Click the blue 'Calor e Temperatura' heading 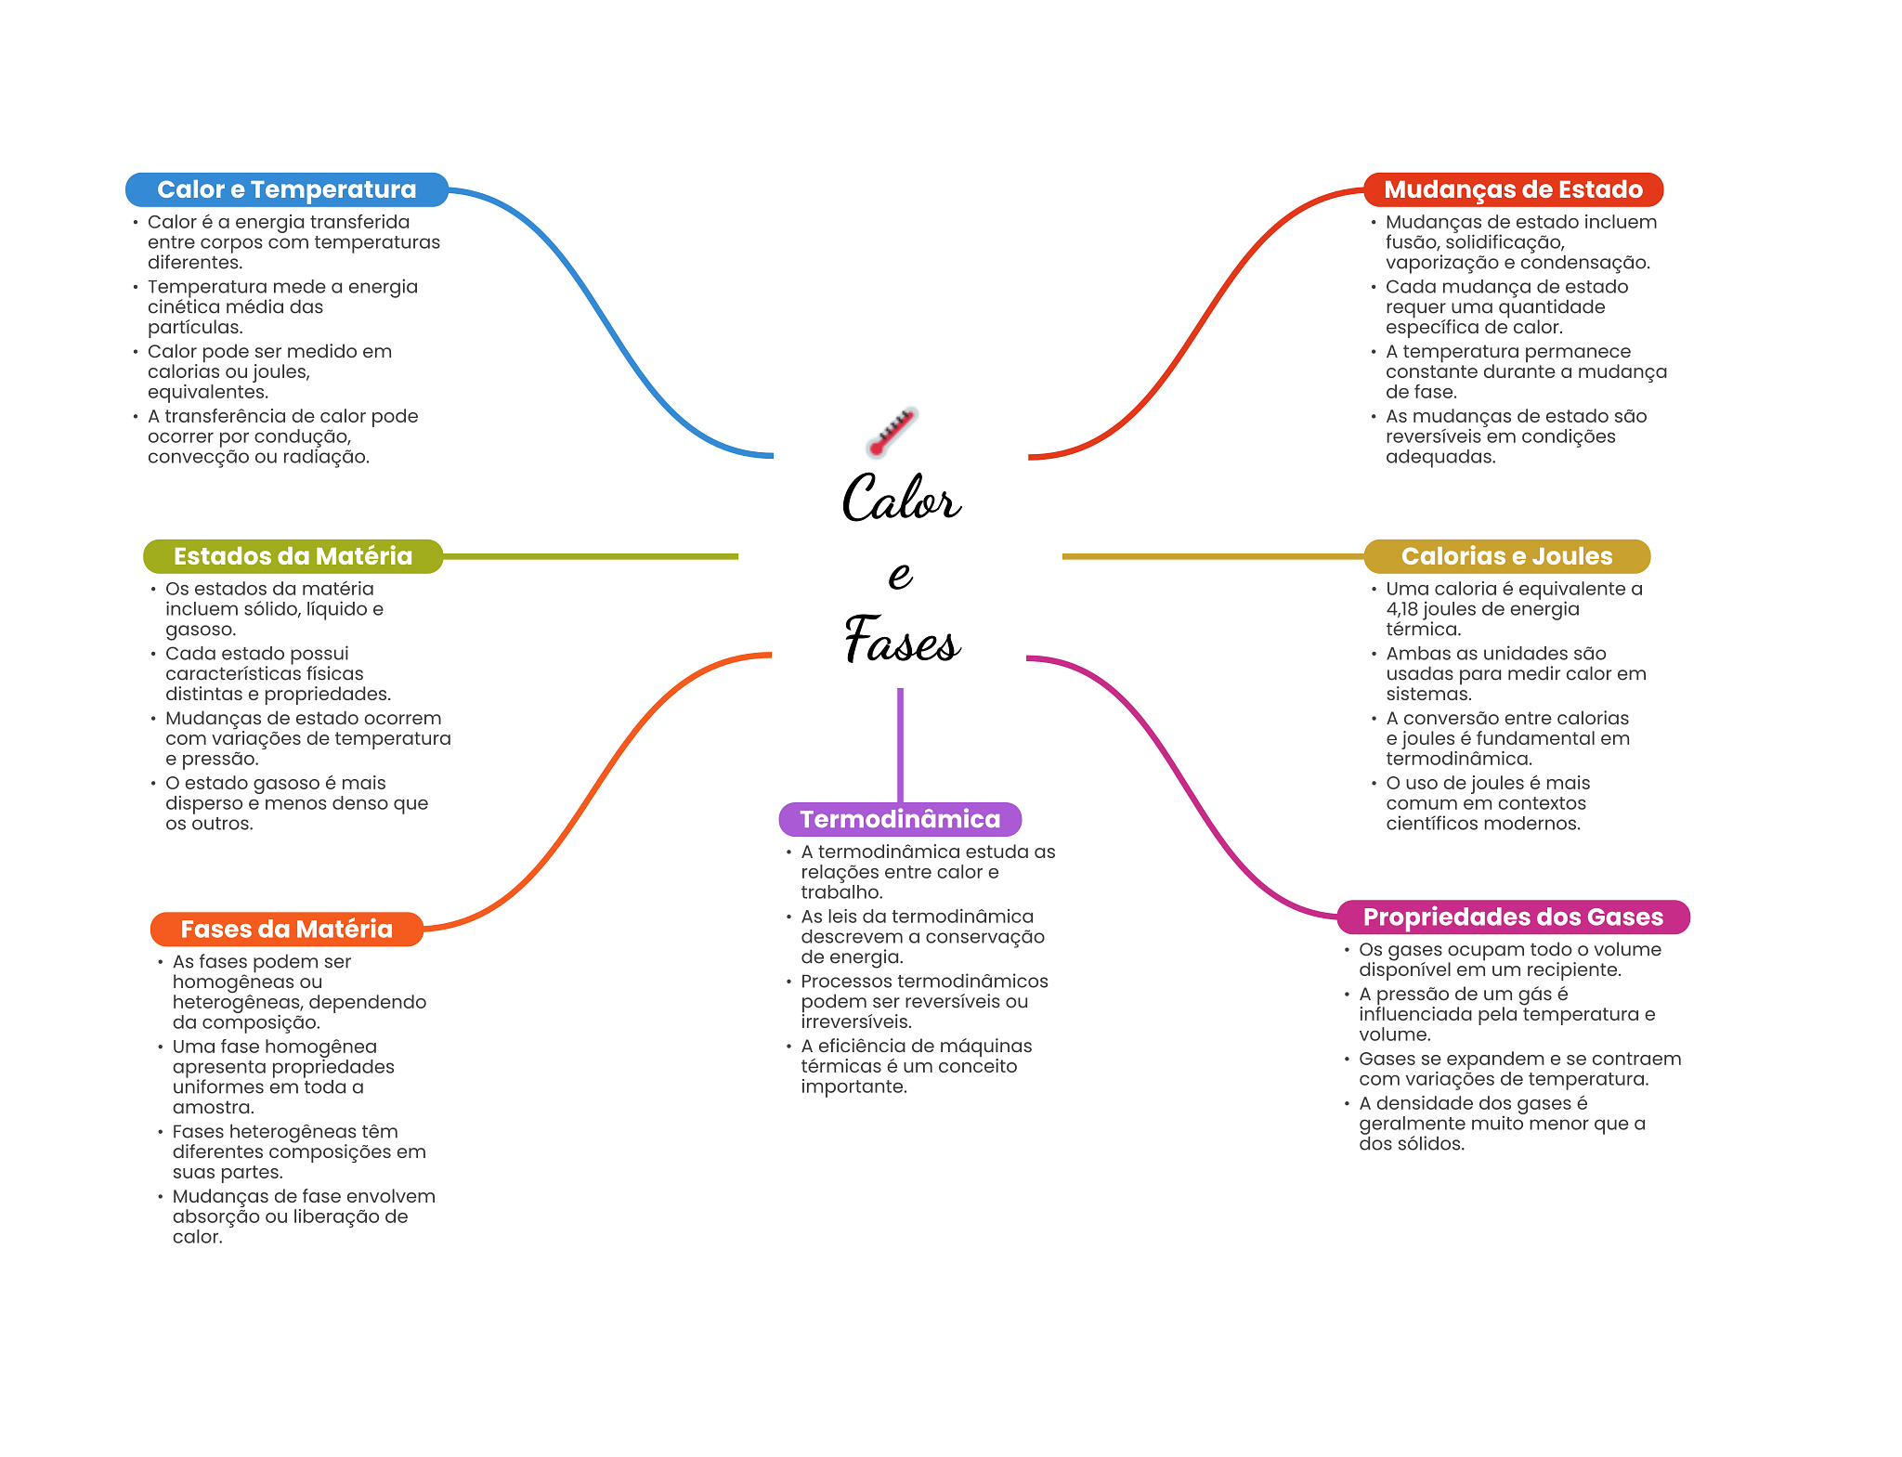point(287,189)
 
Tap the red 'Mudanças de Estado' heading point(1513,189)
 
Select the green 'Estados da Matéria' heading point(293,556)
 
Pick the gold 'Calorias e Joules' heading point(1506,556)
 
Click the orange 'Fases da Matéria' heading point(286,930)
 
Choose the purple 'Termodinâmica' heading point(900,819)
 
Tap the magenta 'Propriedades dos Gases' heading point(1513,917)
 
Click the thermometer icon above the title point(892,432)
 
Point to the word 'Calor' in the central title point(901,498)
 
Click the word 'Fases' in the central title point(902,639)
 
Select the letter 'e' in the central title point(900,575)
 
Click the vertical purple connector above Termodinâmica point(900,745)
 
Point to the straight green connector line point(591,556)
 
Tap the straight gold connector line point(1213,556)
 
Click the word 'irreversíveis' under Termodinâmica point(856,1022)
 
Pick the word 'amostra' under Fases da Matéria point(213,1108)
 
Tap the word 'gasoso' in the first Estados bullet point(201,631)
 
